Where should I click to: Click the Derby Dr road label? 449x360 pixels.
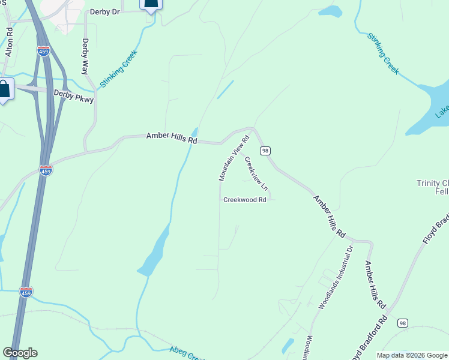[105, 11]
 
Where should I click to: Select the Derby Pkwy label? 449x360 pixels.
[74, 95]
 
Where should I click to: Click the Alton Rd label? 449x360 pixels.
[8, 42]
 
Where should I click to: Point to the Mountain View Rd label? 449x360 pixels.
[234, 159]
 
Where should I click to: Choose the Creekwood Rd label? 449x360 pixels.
[244, 200]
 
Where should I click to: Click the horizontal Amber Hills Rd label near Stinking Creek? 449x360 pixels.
[172, 138]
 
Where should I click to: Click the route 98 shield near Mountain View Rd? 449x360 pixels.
[265, 150]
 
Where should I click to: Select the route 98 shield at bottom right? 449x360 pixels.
[402, 323]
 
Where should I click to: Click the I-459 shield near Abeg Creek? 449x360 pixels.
[26, 292]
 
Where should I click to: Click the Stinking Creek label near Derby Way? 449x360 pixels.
[119, 70]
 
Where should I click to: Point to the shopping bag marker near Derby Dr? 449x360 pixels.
[151, 4]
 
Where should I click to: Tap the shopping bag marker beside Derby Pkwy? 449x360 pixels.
[4, 90]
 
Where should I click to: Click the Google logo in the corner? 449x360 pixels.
[20, 353]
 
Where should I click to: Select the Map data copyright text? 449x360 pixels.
[412, 355]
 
